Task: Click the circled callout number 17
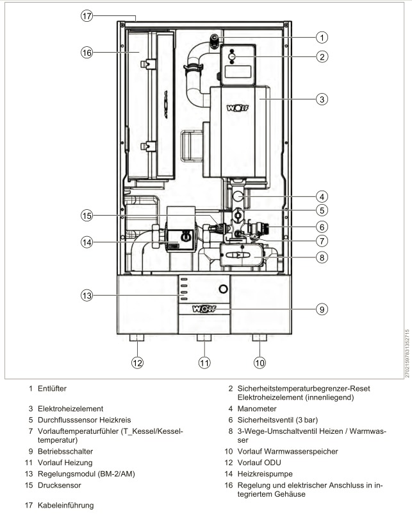pos(87,16)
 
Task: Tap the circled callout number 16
pos(87,53)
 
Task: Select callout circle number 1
pos(322,37)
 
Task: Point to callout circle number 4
pos(322,197)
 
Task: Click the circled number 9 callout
pos(322,309)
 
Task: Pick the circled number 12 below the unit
pos(138,363)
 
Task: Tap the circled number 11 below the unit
pos(204,363)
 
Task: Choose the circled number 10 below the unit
pos(260,363)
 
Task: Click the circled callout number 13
pos(87,295)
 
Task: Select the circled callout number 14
pos(87,243)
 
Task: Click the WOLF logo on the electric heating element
pos(238,108)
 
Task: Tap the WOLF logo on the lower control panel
pos(204,309)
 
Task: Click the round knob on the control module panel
pos(223,289)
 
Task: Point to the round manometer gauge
pos(238,197)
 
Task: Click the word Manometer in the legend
pos(257,409)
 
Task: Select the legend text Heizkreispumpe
pos(265,474)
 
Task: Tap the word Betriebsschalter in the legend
pos(65,451)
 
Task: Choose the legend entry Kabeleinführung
pos(66,506)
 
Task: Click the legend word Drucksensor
pos(59,485)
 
